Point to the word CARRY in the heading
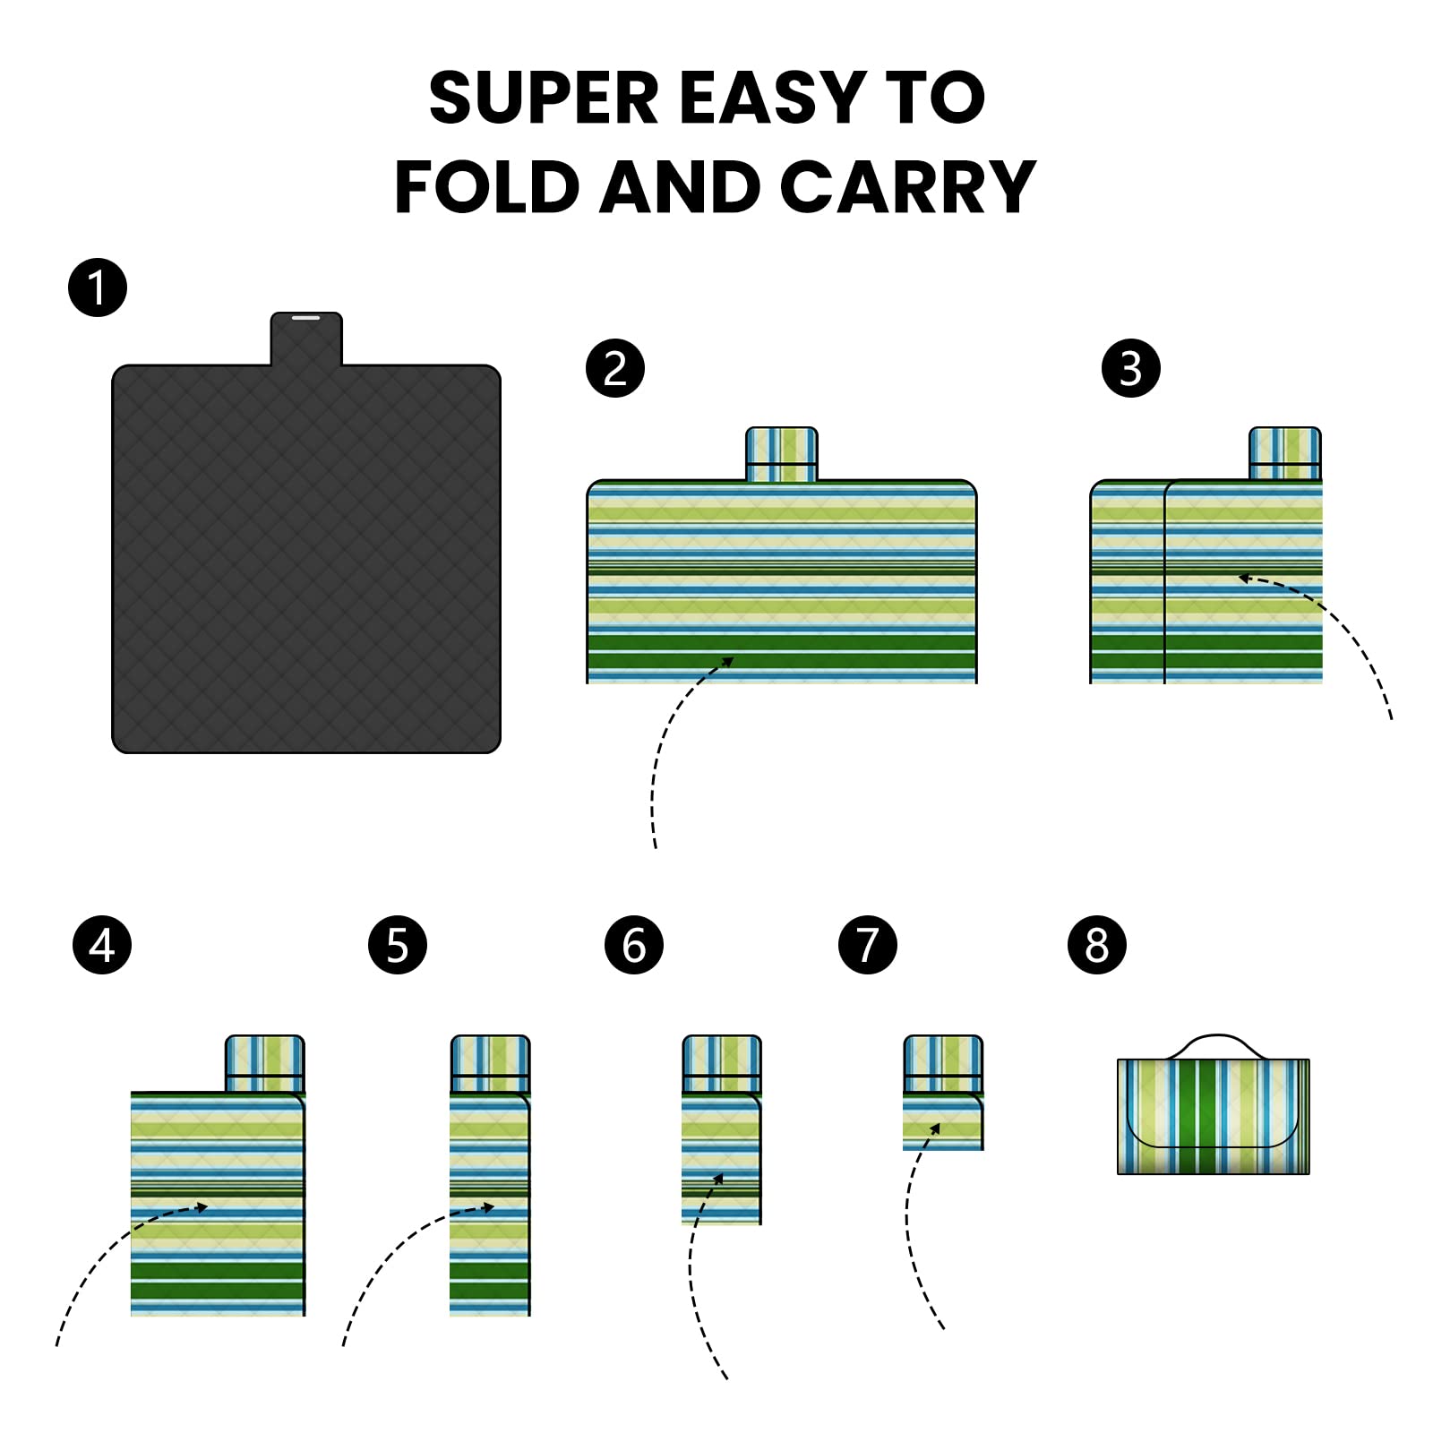[908, 187]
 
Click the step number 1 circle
[98, 287]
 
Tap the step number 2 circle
[615, 368]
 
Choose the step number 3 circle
[1131, 368]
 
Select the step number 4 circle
[102, 945]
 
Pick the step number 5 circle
[398, 945]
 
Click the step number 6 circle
[634, 945]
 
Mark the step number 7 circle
[868, 945]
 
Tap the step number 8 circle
[1097, 945]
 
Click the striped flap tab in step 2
[782, 454]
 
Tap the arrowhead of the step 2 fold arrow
[727, 663]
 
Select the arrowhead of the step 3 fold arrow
[1244, 579]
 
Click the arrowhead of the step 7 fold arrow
[935, 1128]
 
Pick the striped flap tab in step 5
[491, 1063]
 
